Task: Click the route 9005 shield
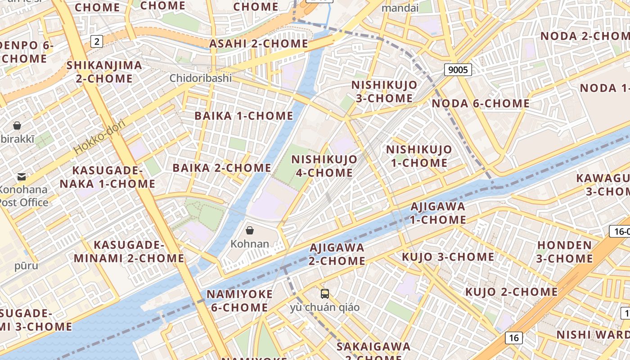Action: tap(458, 70)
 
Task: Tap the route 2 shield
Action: tap(97, 42)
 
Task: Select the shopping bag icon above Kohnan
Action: tap(250, 230)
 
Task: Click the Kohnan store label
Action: tap(250, 244)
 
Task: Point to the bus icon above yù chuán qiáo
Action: tap(325, 294)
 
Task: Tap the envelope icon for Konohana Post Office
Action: tap(21, 177)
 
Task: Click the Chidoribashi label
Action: tap(201, 78)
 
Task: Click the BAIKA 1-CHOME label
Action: tap(244, 116)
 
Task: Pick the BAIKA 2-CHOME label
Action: tap(222, 168)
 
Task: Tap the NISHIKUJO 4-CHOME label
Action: tap(324, 166)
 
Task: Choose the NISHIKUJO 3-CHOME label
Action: tap(384, 92)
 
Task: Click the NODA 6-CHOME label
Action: tap(481, 103)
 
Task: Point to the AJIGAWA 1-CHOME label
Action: tap(438, 213)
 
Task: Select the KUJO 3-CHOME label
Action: tap(448, 257)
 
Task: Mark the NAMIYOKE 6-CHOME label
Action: tap(239, 301)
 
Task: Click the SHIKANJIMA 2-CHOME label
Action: tap(104, 72)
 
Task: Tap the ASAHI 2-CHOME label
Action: tap(259, 44)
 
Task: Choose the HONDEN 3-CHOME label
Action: tap(565, 252)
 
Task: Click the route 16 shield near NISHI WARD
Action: tap(514, 338)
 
